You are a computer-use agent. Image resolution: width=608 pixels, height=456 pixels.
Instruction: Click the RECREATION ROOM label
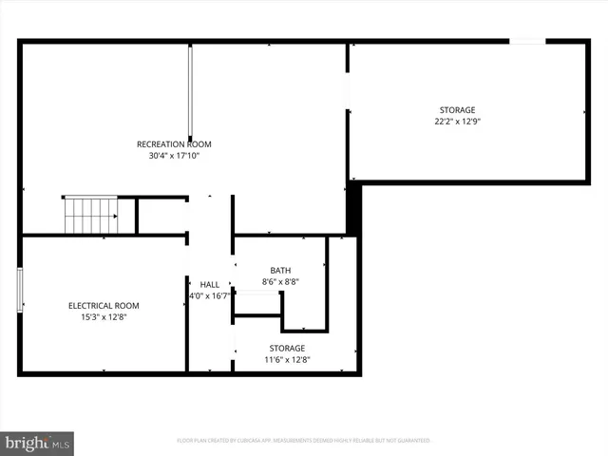point(174,144)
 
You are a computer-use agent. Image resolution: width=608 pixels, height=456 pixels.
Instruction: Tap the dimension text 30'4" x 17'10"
point(174,156)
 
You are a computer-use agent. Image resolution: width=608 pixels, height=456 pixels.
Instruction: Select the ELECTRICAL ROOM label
point(104,306)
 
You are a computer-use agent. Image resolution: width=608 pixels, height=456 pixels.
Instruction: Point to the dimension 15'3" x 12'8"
point(104,317)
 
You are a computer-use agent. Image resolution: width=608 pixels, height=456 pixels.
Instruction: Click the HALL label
point(209,285)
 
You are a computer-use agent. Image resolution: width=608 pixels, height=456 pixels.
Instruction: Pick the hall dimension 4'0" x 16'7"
point(209,296)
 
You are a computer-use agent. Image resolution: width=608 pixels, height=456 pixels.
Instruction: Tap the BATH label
point(280,271)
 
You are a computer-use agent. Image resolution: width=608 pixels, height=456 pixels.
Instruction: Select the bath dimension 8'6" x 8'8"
point(280,282)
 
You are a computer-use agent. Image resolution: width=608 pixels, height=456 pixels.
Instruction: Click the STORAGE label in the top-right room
point(457,110)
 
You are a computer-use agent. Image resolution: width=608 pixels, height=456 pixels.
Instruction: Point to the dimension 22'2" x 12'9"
point(457,122)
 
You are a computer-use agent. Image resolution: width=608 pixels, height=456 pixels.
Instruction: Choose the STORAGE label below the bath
point(287,349)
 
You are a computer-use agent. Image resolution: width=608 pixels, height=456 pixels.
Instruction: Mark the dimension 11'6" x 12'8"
point(287,360)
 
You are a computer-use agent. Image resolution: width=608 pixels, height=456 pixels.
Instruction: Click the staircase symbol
point(91,216)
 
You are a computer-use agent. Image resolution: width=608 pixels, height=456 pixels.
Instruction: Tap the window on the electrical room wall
point(20,290)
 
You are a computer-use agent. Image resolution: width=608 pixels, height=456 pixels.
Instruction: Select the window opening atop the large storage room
point(528,41)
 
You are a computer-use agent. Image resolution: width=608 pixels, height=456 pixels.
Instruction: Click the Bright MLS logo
point(37,442)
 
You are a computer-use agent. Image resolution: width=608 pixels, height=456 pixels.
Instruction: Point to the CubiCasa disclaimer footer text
point(304,441)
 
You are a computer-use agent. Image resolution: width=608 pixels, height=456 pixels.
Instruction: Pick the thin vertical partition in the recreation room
point(190,91)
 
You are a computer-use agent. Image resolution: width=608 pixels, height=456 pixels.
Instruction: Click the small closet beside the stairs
point(161,216)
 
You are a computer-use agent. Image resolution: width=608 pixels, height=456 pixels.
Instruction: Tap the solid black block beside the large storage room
point(353,209)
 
